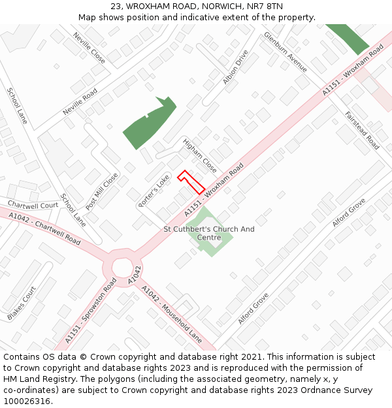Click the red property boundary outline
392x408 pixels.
191,182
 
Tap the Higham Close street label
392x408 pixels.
199,155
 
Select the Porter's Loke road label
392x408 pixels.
154,191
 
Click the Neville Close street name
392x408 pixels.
89,48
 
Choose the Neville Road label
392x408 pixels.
80,102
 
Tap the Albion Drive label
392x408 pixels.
235,67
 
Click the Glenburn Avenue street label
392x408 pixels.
285,52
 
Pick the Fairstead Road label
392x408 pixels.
362,131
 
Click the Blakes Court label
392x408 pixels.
22,304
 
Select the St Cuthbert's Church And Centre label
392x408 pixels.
208,233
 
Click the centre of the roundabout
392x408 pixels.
122,268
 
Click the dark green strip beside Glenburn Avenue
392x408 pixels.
348,39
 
